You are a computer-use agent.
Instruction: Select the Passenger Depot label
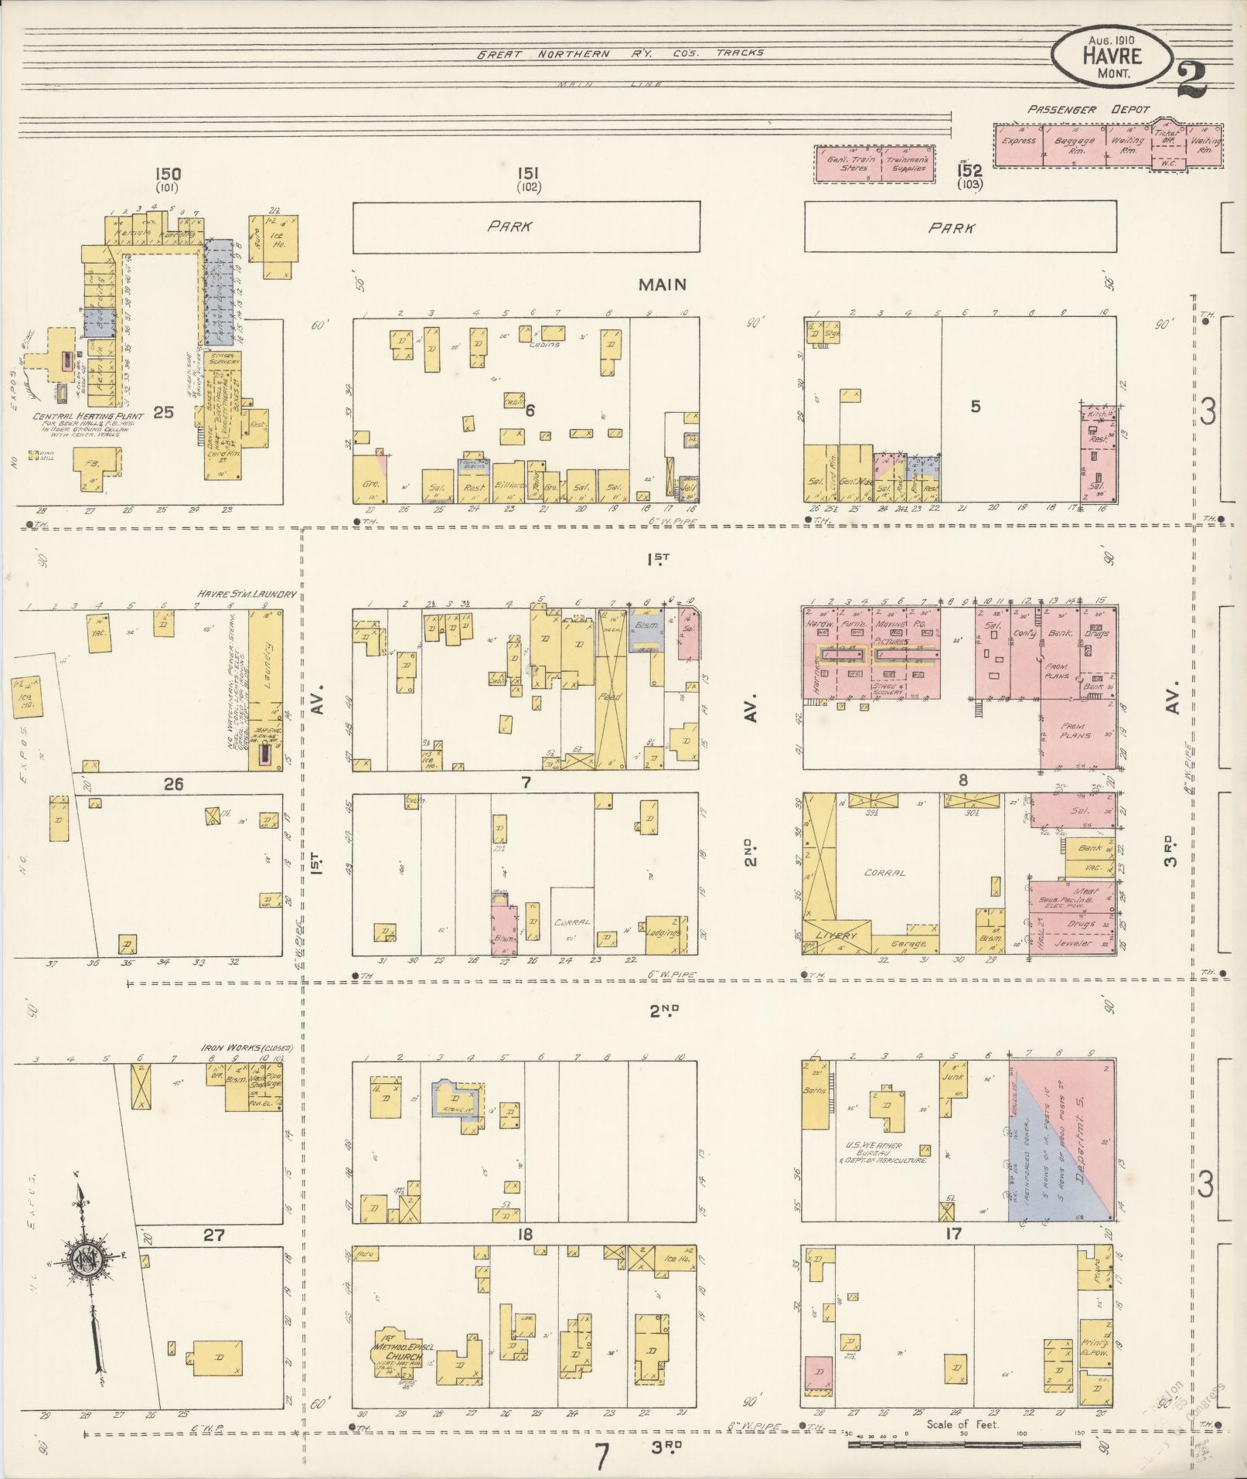point(1089,110)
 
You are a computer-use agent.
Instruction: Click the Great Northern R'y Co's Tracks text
point(620,53)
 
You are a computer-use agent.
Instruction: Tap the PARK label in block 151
point(510,227)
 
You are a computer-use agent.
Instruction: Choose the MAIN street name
point(662,285)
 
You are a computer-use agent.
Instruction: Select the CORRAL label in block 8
point(884,873)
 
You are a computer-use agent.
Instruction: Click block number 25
point(163,412)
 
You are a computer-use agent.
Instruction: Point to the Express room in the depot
point(1017,141)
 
